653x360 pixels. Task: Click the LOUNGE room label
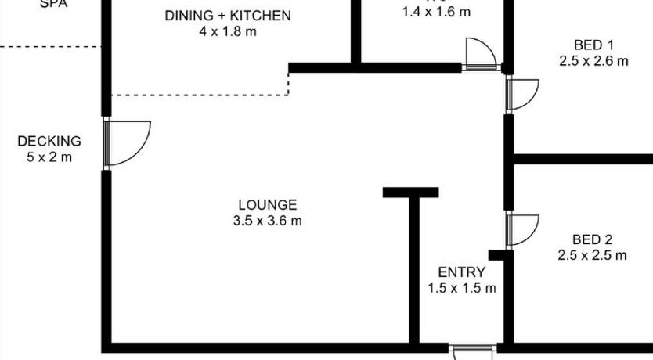[267, 205]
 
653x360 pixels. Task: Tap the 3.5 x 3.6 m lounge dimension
[267, 221]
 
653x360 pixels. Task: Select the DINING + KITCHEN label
[228, 16]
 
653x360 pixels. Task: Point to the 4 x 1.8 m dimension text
[228, 32]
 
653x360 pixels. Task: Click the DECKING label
[49, 142]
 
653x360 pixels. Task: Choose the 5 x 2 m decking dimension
[49, 157]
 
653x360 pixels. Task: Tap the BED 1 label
[593, 45]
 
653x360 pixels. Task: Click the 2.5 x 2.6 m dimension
[593, 61]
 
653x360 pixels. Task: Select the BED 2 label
[592, 239]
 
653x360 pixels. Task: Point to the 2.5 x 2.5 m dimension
[592, 255]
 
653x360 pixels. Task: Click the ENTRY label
[461, 272]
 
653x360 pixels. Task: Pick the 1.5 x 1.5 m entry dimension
[461, 288]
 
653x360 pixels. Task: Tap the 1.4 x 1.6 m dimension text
[435, 12]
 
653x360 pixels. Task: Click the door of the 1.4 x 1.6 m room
[481, 54]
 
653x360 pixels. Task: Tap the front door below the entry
[473, 351]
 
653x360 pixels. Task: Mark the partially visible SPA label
[53, 4]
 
